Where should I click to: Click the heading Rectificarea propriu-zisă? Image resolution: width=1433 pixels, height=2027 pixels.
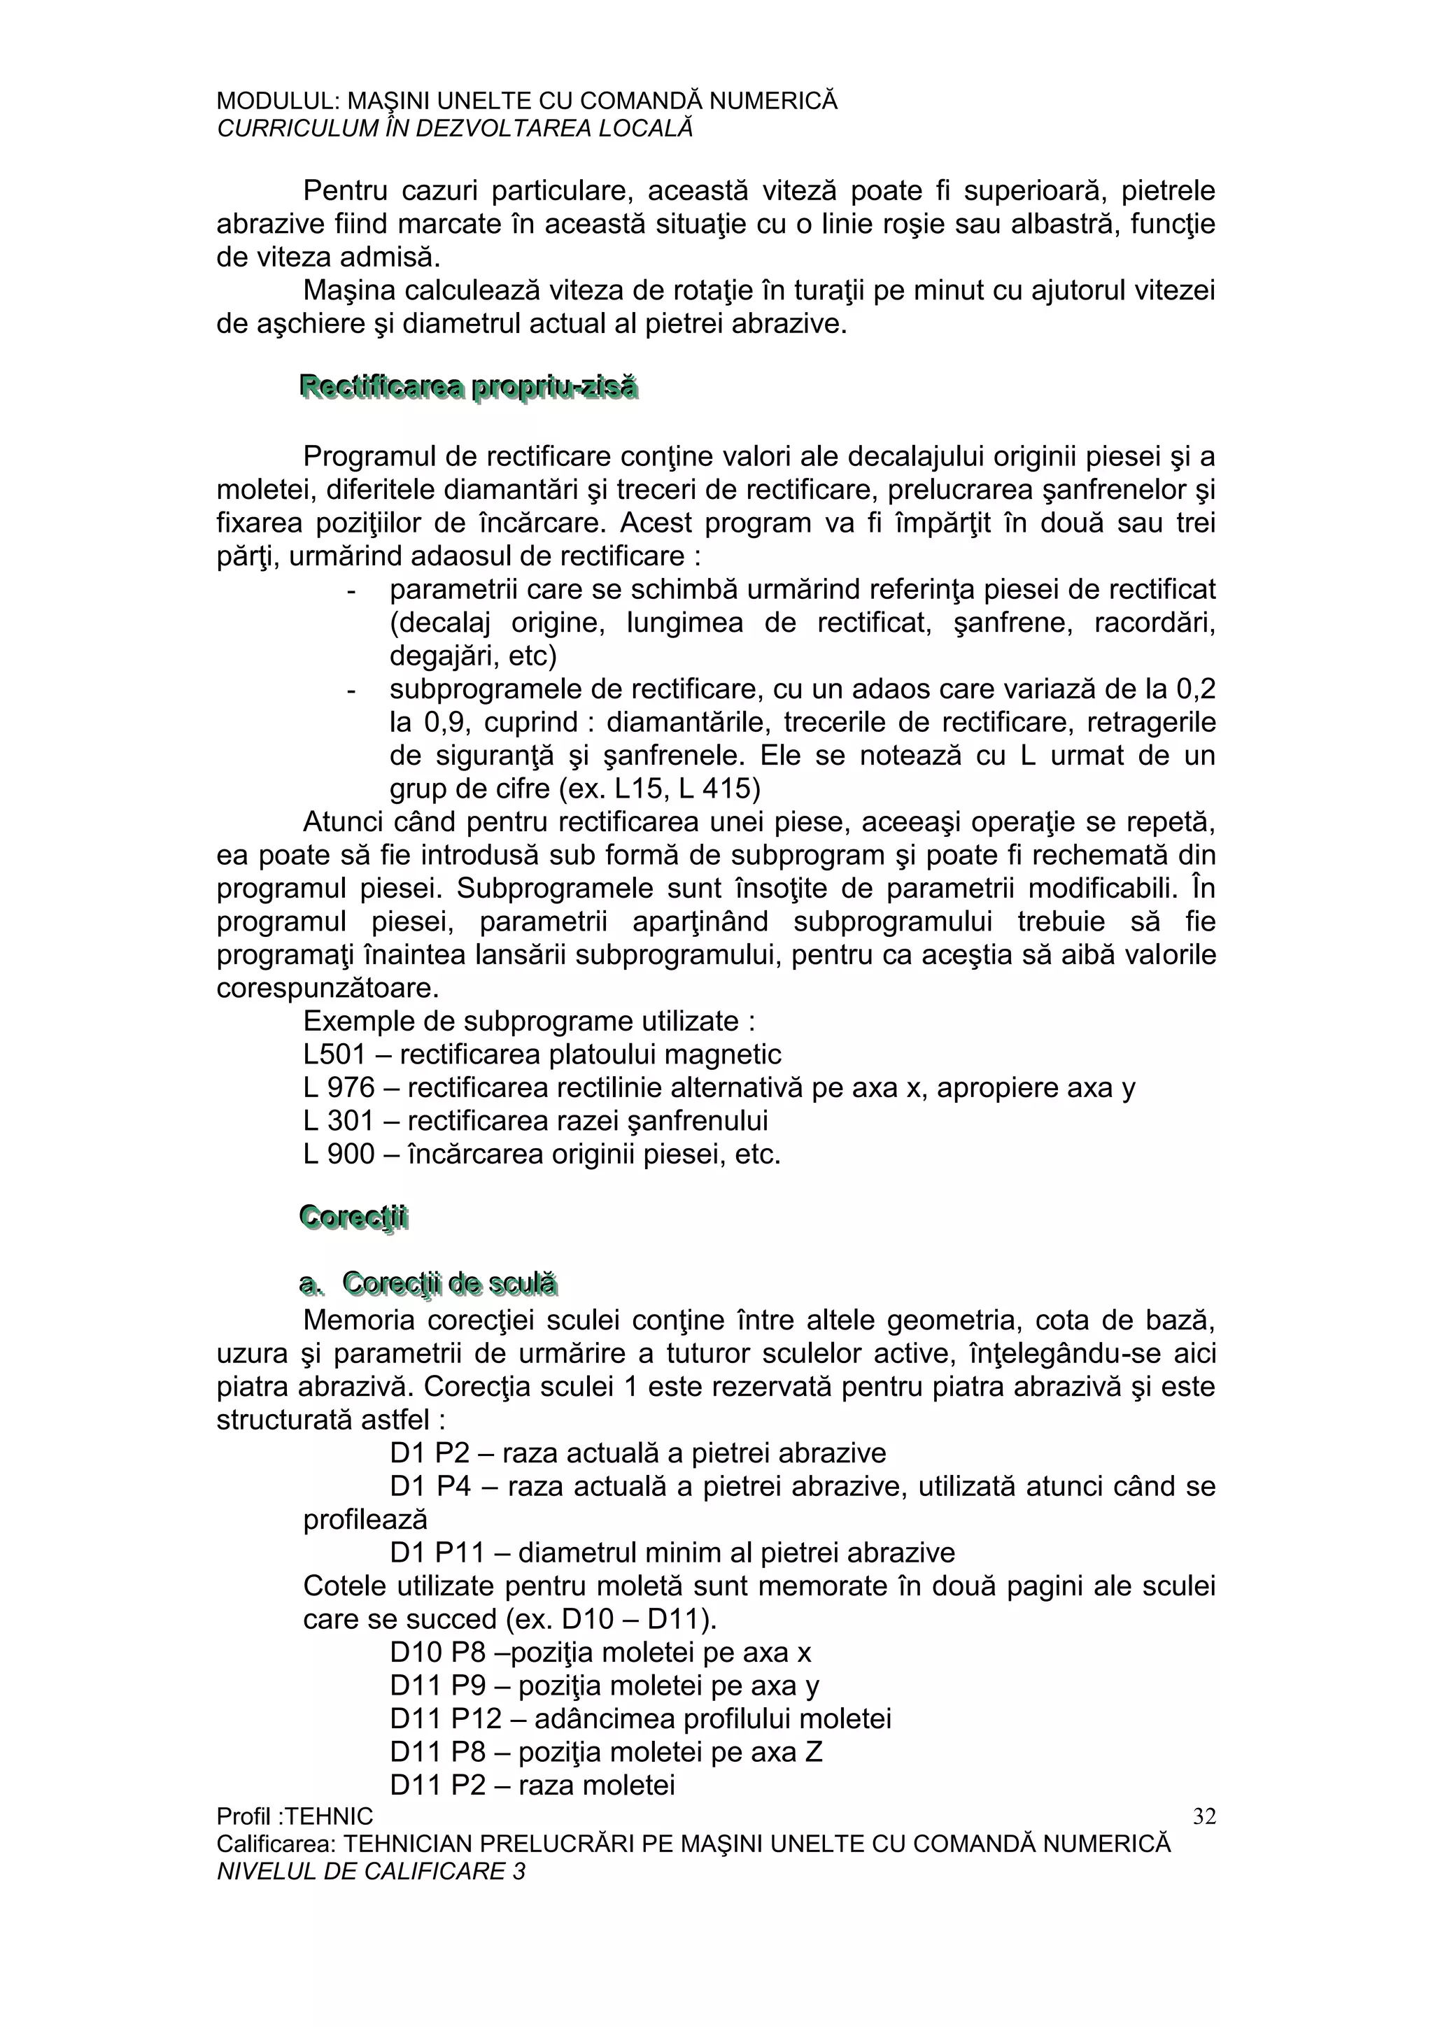click(468, 388)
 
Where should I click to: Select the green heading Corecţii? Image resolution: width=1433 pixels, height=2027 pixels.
click(353, 1217)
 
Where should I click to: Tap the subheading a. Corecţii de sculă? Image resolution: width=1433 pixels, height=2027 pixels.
click(428, 1284)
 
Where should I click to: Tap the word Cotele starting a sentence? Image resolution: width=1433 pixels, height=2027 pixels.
click(345, 1586)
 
